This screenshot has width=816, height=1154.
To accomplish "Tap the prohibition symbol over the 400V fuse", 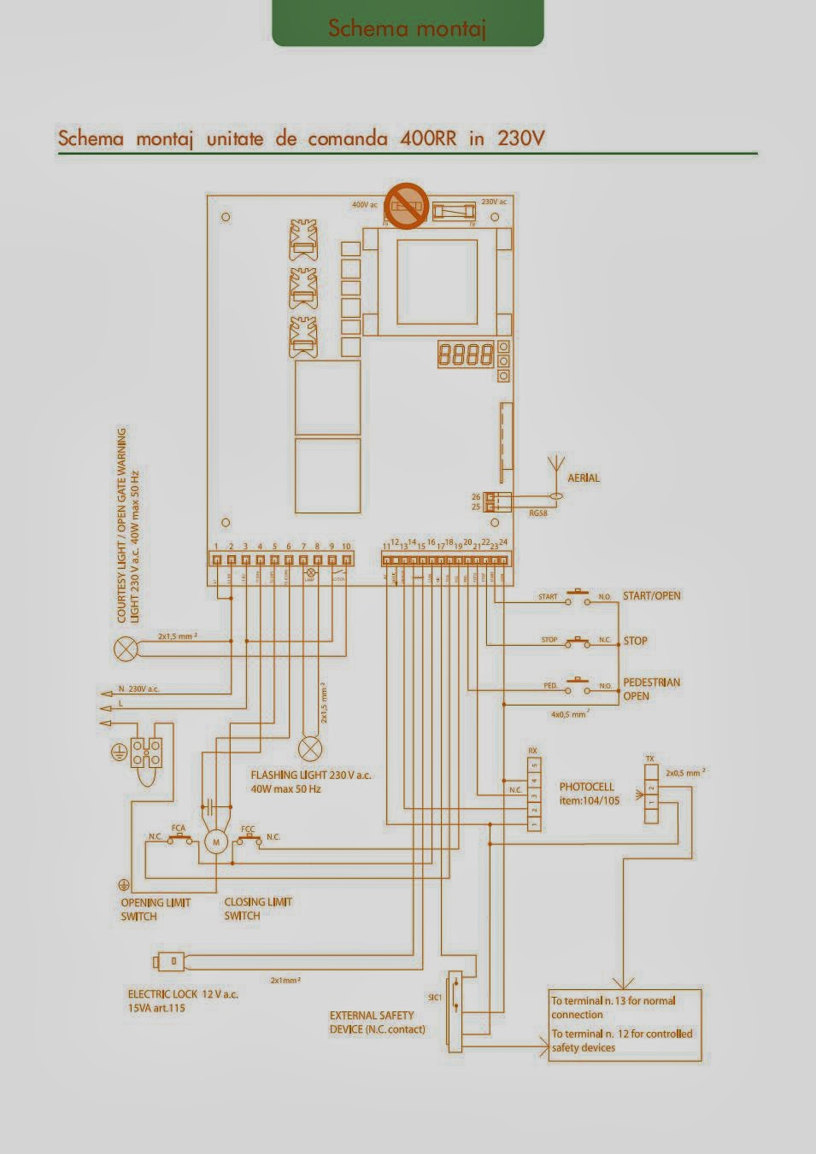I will pyautogui.click(x=405, y=206).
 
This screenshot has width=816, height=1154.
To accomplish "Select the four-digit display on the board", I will pyautogui.click(x=466, y=354).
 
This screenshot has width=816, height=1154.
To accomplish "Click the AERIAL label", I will pyautogui.click(x=584, y=478).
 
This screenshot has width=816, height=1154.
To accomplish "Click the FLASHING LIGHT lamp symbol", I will pyautogui.click(x=308, y=749).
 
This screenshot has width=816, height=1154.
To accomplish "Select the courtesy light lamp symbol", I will pyautogui.click(x=126, y=648).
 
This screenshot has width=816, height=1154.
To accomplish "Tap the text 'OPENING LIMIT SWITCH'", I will pyautogui.click(x=155, y=909).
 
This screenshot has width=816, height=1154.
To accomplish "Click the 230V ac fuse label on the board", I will pyautogui.click(x=493, y=202).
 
